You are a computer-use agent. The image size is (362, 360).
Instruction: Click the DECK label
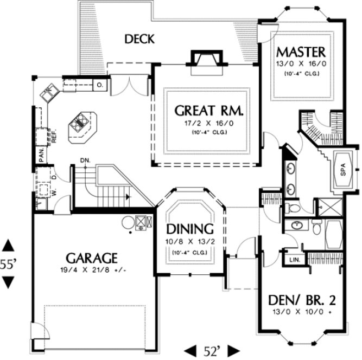pos(140,39)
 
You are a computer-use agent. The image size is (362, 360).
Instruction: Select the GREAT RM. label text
pos(209,111)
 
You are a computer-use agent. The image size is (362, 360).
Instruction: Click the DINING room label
pos(189,228)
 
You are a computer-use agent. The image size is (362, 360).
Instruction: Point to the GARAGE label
pos(92,257)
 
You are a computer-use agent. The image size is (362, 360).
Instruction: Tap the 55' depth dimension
pos(8,264)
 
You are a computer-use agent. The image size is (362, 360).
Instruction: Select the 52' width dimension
pos(212,350)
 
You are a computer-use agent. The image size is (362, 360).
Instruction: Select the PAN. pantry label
pos(41,155)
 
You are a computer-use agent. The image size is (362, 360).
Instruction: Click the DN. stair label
pos(84,160)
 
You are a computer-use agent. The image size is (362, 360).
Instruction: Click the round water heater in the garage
pos(127,222)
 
